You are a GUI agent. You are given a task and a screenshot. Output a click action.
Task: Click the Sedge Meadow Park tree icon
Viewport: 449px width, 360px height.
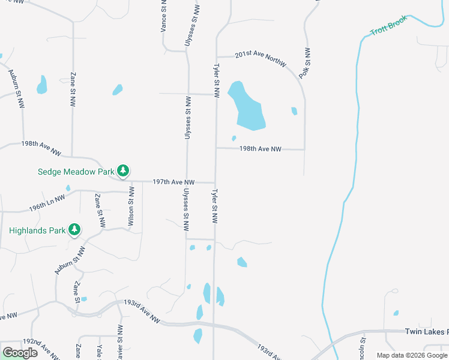[122, 172]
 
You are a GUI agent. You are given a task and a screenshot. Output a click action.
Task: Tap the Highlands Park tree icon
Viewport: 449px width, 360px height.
[74, 230]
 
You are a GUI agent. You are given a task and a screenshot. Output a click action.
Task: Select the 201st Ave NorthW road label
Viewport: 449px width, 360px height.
[260, 58]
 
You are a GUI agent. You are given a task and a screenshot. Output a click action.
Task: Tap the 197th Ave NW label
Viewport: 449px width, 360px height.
[173, 181]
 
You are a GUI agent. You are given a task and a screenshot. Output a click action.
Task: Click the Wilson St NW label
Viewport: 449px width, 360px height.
[131, 206]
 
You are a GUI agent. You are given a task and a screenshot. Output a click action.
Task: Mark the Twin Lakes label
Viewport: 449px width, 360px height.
[426, 332]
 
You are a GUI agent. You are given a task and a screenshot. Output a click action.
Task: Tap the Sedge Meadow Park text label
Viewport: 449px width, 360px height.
[75, 172]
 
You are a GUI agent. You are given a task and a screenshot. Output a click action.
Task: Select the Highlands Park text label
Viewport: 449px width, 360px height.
[37, 230]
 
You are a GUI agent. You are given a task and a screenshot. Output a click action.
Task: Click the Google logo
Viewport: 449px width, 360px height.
[20, 352]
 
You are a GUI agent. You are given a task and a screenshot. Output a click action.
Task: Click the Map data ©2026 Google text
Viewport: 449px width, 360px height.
[412, 355]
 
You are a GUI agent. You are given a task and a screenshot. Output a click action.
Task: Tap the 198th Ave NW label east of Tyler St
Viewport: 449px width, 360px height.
[260, 149]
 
